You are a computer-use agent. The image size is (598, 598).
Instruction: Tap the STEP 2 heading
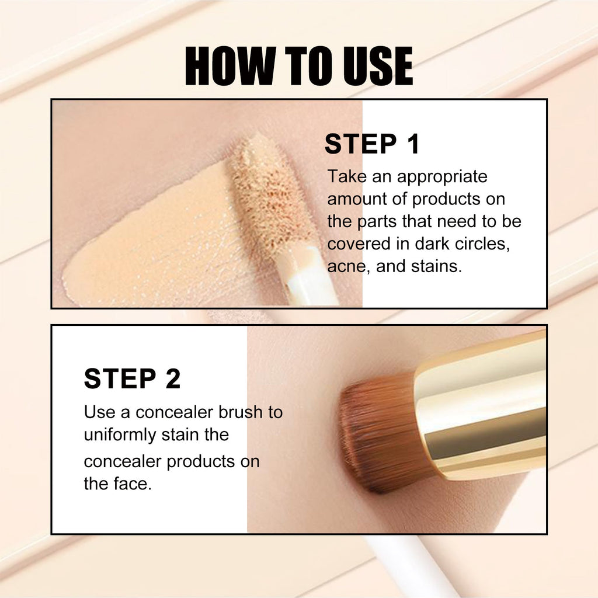pyautogui.click(x=132, y=378)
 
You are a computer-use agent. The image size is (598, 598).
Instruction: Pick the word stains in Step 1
pyautogui.click(x=437, y=267)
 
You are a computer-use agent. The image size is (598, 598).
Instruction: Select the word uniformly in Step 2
pyautogui.click(x=120, y=434)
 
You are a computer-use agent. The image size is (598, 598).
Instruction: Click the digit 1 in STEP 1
pyautogui.click(x=413, y=144)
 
